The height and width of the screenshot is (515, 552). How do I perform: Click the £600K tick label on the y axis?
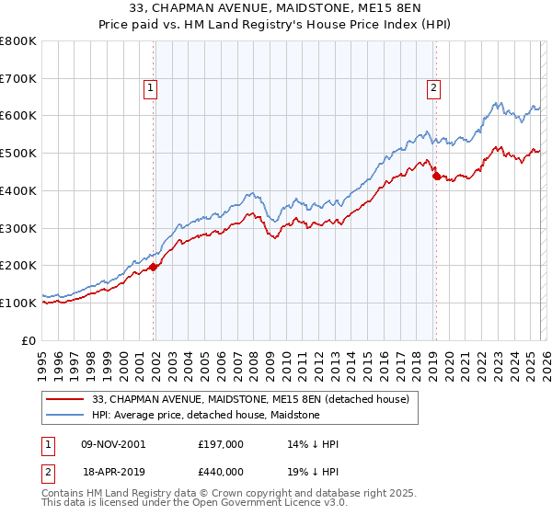18,116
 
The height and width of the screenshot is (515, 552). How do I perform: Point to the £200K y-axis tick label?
18,265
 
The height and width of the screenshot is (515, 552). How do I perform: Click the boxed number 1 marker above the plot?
151,88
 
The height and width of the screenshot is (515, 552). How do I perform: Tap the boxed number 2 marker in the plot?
433,88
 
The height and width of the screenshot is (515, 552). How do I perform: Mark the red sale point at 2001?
154,267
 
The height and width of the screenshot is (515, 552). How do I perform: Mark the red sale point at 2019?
436,176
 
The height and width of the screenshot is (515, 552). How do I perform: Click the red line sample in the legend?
65,399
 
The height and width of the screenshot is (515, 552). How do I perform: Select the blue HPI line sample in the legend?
65,415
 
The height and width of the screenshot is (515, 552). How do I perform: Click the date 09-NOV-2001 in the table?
112,444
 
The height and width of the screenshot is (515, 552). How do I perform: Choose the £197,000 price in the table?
221,444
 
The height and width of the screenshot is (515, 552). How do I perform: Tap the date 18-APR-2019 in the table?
113,471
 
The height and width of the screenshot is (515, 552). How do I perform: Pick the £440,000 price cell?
221,471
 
